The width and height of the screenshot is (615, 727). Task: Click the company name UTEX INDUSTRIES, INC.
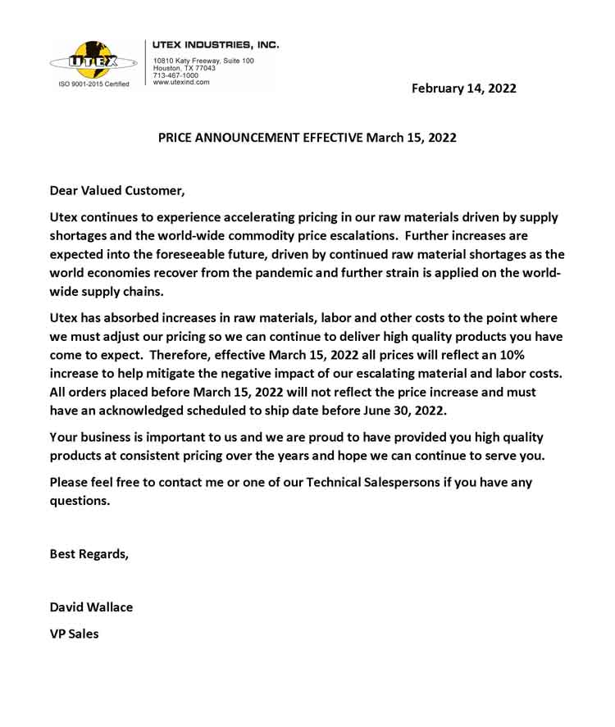pyautogui.click(x=216, y=44)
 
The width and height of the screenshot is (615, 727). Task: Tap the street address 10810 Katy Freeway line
pyautogui.click(x=203, y=61)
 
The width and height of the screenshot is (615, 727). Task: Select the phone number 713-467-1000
pyautogui.click(x=175, y=75)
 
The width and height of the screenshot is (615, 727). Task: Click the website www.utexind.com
pyautogui.click(x=181, y=82)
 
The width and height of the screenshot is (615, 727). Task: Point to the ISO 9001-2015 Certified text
pyautogui.click(x=93, y=84)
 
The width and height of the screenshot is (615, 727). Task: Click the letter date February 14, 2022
pyautogui.click(x=463, y=89)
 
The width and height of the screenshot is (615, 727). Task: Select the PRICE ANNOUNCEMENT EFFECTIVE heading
pyautogui.click(x=307, y=138)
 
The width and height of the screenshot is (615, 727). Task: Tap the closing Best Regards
pyautogui.click(x=89, y=553)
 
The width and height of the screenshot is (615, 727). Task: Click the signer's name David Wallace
pyautogui.click(x=91, y=607)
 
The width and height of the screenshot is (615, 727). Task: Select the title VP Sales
pyautogui.click(x=74, y=634)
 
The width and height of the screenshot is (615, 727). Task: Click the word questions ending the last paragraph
pyautogui.click(x=79, y=501)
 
